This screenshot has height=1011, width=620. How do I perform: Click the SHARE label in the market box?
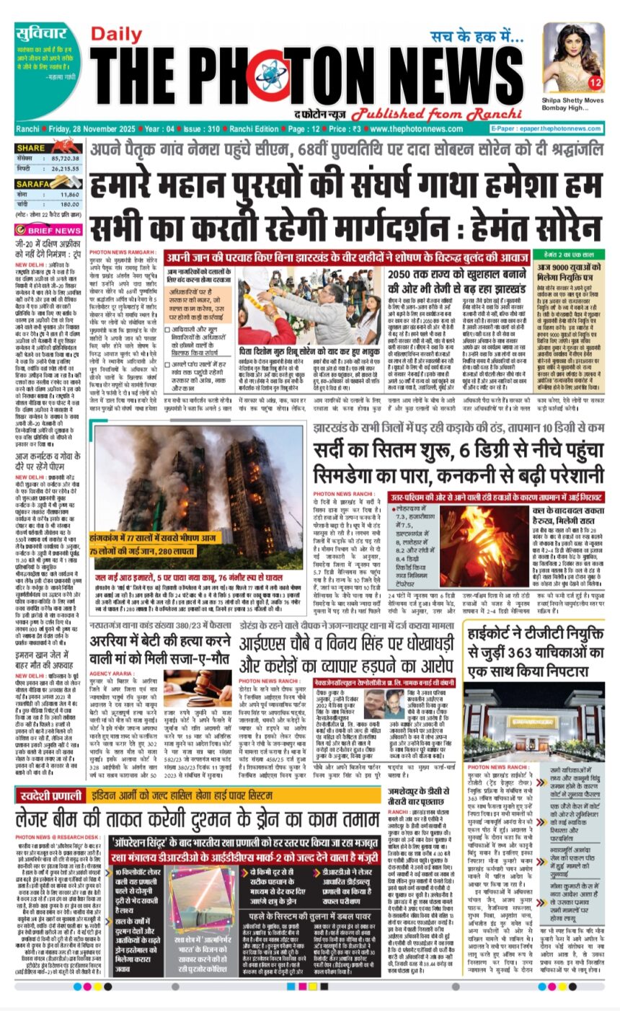(30, 148)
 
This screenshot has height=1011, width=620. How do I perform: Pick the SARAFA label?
(33, 185)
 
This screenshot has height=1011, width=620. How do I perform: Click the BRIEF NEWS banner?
(48, 230)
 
